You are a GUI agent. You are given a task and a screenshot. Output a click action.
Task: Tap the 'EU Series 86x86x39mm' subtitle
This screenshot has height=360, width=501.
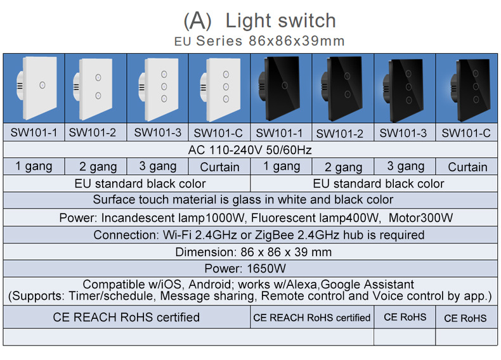pyautogui.click(x=259, y=41)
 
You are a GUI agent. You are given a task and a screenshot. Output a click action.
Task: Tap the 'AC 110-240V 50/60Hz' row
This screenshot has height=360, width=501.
pyautogui.click(x=250, y=150)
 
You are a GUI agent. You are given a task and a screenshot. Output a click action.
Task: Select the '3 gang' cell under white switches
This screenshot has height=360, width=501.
pyautogui.click(x=157, y=167)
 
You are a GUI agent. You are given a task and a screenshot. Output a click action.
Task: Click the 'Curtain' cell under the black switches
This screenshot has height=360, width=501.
pyautogui.click(x=467, y=167)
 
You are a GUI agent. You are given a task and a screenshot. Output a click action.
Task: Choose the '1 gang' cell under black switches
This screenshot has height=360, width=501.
pyautogui.click(x=282, y=167)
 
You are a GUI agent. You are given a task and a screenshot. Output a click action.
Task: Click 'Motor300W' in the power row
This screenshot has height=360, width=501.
pyautogui.click(x=420, y=218)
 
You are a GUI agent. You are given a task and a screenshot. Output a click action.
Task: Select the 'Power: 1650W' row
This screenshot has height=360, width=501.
pyautogui.click(x=250, y=269)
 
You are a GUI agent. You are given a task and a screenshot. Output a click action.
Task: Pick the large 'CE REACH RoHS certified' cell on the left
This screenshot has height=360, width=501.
pyautogui.click(x=126, y=317)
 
